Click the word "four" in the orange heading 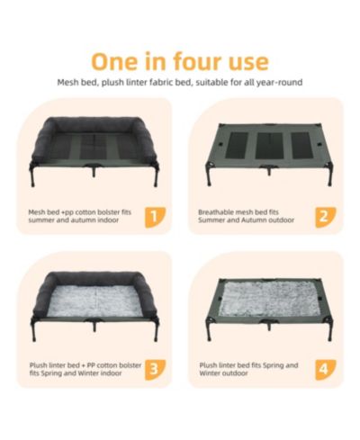coord(195,61)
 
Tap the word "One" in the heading coord(115,61)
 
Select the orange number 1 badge coord(155,217)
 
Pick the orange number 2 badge coord(325,217)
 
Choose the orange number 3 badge coord(155,370)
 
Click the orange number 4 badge coord(325,370)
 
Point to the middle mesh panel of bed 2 coord(269,146)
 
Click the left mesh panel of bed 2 coord(237,146)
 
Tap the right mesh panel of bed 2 coord(301,146)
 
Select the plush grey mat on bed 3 coord(95,301)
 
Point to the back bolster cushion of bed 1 coord(95,123)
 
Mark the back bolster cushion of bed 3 coord(95,277)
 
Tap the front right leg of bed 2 coord(330,175)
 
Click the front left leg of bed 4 coord(209,330)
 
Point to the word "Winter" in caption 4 coord(209,373)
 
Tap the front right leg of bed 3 coord(157,331)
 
